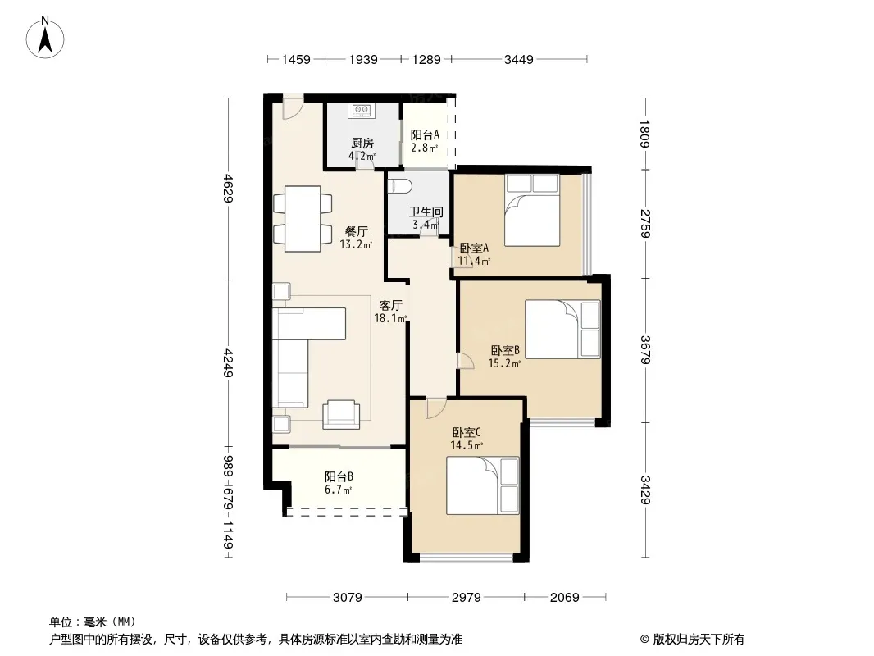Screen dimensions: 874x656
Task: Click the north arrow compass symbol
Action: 45,38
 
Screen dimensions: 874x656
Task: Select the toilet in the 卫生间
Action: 399,185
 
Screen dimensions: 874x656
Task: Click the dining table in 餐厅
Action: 303,218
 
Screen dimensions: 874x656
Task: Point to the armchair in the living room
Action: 341,415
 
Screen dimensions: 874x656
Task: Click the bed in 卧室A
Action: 532,210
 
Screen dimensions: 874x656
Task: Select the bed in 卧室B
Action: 562,330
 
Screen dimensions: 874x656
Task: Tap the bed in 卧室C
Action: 483,485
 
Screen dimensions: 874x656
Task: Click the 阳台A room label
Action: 425,134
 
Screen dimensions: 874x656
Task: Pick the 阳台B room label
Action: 339,477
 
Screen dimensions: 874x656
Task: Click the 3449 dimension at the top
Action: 519,59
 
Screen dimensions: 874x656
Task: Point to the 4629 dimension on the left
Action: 227,189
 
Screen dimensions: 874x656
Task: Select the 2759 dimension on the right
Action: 645,224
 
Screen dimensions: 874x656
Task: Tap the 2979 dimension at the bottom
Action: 466,598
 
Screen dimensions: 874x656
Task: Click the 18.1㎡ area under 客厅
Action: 390,318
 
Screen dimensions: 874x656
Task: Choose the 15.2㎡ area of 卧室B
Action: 504,363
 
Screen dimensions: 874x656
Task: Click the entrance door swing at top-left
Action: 294,108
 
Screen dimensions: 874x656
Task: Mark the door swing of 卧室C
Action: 436,408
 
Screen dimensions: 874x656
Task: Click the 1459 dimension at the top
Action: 296,59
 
